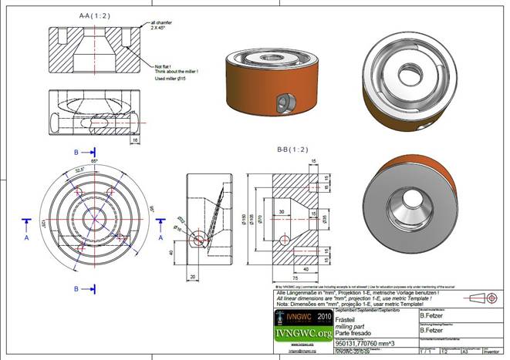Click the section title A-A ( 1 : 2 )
[x=96, y=15]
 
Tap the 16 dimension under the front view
[x=134, y=141]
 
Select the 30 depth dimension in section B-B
[x=281, y=210]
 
